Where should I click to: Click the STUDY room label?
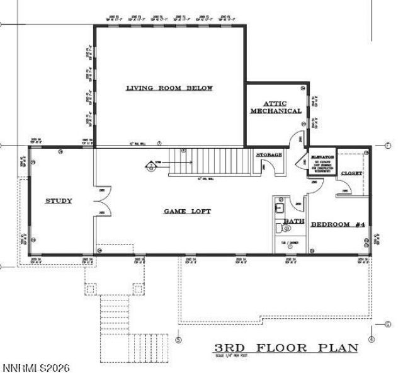[59, 201]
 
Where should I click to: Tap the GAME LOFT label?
[188, 212]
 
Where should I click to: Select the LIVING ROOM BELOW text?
[169, 88]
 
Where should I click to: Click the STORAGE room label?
[269, 154]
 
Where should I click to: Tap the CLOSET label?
[351, 173]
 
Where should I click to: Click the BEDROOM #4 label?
[338, 224]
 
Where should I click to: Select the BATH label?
[293, 221]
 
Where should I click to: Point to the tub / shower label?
[290, 243]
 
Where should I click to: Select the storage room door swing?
[264, 168]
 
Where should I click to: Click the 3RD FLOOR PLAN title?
[286, 348]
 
